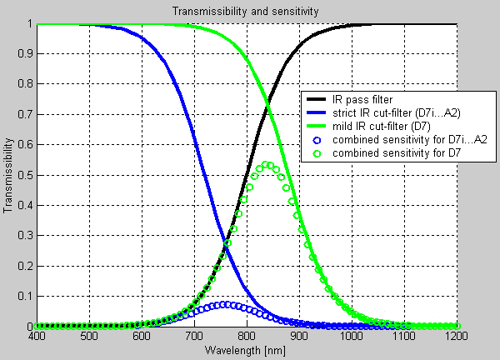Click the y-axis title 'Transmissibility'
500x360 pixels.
9,176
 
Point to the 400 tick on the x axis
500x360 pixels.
36,336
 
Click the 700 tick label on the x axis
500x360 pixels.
193,336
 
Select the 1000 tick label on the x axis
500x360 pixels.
351,336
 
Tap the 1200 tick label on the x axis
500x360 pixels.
455,336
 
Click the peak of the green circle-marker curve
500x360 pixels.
267,164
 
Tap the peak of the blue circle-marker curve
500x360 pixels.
224,304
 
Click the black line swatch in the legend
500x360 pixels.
317,99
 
